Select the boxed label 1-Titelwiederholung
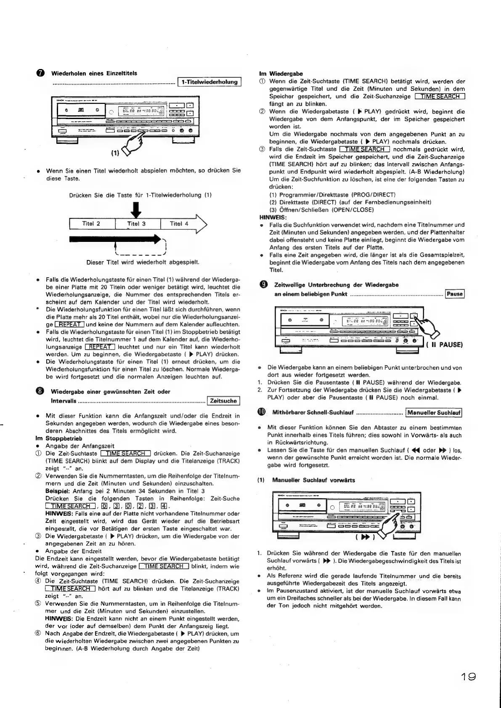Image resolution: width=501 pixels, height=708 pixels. pyautogui.click(x=209, y=82)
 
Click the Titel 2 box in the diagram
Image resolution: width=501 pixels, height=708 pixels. pyautogui.click(x=91, y=224)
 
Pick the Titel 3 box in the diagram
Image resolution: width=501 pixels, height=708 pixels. pyautogui.click(x=137, y=224)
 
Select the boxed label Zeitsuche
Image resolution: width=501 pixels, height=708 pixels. pyautogui.click(x=223, y=401)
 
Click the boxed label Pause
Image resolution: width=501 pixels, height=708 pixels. pyautogui.click(x=455, y=294)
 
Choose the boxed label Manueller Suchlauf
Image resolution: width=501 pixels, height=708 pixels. pyautogui.click(x=434, y=413)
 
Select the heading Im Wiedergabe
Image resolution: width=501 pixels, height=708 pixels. pyautogui.click(x=281, y=74)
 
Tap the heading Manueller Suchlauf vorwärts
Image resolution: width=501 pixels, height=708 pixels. pyautogui.click(x=313, y=480)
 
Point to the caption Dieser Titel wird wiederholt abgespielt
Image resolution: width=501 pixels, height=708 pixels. pyautogui.click(x=143, y=263)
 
